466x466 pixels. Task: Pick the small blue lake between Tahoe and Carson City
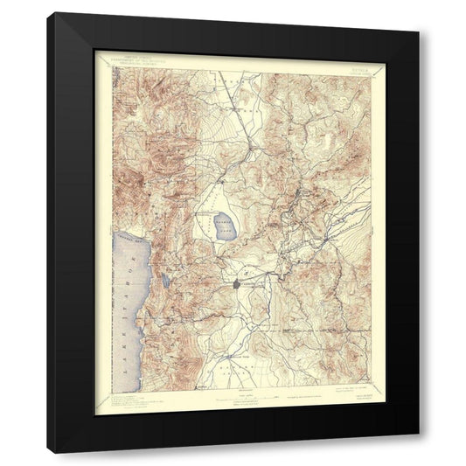tap(163, 282)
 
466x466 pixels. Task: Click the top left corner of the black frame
tap(48, 13)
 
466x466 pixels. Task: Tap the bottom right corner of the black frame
tap(419, 452)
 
